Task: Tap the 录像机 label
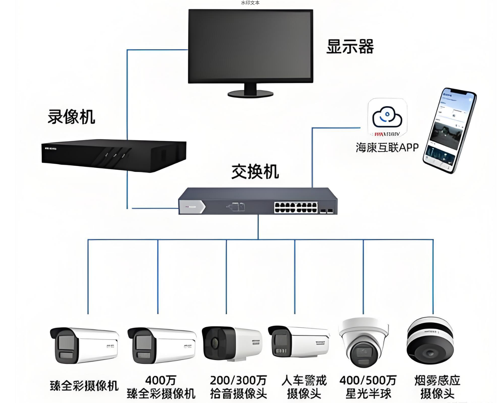tap(71, 117)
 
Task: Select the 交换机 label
tap(255, 172)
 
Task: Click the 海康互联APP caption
tap(387, 147)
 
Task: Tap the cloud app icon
tap(387, 118)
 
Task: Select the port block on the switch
tap(296, 207)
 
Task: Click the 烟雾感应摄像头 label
tap(437, 387)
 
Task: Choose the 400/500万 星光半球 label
tap(368, 387)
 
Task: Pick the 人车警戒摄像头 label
tap(304, 387)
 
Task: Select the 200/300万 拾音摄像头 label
tap(238, 387)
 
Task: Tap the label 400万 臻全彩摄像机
tap(161, 387)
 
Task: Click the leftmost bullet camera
tap(84, 345)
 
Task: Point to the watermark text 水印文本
tap(250, 3)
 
